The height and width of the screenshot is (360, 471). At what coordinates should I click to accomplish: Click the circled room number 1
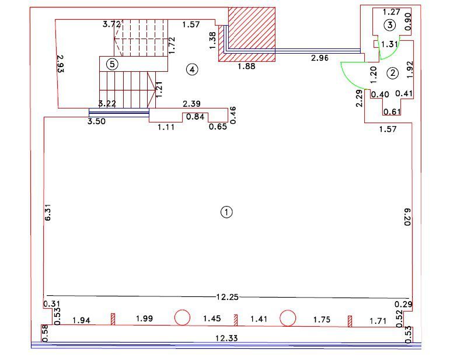click(226, 212)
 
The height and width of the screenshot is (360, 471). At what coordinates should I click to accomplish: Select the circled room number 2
click(392, 73)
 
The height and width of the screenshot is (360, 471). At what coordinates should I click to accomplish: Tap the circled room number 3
click(389, 25)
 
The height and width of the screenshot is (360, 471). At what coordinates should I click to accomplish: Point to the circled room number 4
click(192, 69)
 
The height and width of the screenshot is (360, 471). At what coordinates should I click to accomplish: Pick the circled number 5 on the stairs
click(113, 64)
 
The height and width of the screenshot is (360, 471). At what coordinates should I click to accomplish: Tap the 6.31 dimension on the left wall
click(48, 212)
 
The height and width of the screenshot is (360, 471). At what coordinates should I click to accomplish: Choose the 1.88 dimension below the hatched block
click(247, 67)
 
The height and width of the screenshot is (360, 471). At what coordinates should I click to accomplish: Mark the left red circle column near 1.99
click(182, 317)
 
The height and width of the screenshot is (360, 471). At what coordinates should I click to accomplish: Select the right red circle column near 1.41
click(287, 318)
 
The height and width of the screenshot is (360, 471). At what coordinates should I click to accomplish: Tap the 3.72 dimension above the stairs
click(111, 24)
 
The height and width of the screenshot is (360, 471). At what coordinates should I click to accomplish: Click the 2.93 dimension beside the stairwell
click(60, 64)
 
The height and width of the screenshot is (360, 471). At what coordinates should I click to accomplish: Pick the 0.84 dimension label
click(196, 117)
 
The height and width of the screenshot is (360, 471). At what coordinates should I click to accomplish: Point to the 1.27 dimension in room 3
click(391, 11)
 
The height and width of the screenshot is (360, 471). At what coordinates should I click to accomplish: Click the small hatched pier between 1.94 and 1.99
click(113, 319)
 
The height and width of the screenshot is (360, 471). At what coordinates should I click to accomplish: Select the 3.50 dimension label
click(97, 121)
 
